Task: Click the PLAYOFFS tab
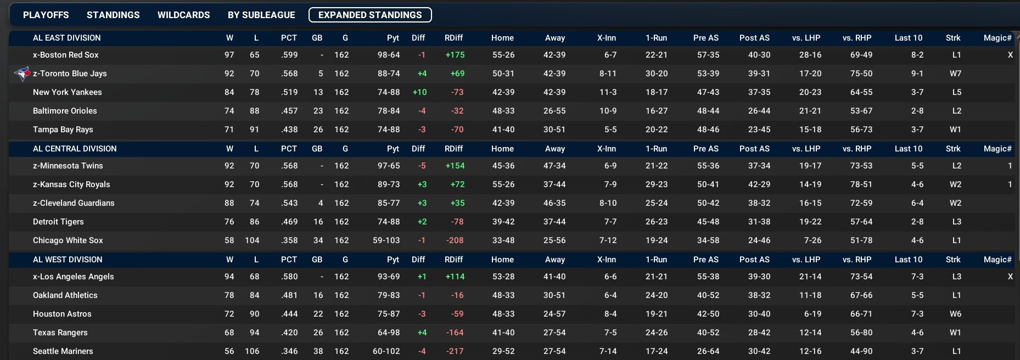(x=46, y=15)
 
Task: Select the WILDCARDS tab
(x=183, y=15)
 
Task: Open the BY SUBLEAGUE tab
(x=261, y=15)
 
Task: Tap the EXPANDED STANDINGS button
(x=370, y=15)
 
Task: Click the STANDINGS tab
(x=113, y=15)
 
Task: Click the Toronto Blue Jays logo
(x=22, y=74)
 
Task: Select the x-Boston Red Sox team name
(x=66, y=55)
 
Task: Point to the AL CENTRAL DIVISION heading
(x=75, y=149)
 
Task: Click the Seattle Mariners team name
(x=63, y=351)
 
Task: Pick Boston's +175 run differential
(x=455, y=55)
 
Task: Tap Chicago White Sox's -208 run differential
(x=455, y=240)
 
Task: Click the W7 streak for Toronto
(x=955, y=74)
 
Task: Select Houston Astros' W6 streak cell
(x=955, y=314)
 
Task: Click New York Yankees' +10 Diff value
(x=419, y=92)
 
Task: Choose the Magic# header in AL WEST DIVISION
(x=997, y=260)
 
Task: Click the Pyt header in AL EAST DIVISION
(x=393, y=38)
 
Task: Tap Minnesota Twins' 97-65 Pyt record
(x=389, y=166)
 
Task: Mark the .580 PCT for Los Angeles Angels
(x=289, y=277)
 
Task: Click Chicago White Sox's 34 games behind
(x=318, y=240)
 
